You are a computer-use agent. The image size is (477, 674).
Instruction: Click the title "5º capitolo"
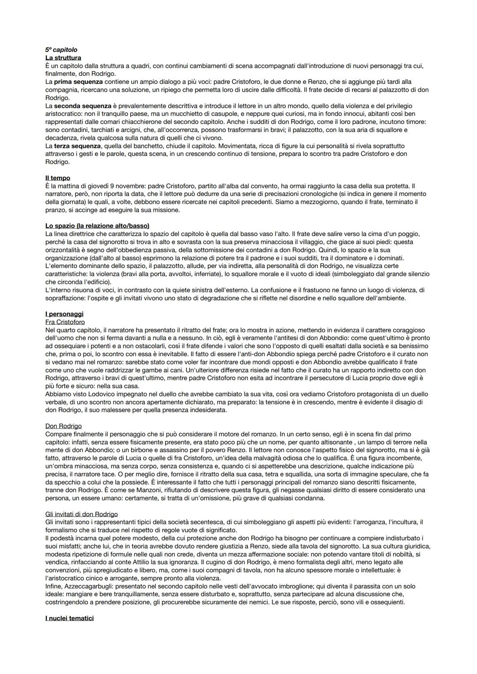point(61,50)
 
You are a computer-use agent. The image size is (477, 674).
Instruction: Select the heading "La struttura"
point(63,58)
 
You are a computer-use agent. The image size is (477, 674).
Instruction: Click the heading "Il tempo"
point(58,178)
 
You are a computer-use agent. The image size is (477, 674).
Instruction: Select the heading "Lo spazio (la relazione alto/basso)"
point(97,226)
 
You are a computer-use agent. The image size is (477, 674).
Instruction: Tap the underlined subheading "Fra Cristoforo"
point(65,322)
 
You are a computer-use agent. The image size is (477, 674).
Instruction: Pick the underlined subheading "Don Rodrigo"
point(64,426)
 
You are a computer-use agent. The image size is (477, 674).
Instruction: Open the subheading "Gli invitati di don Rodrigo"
point(82,514)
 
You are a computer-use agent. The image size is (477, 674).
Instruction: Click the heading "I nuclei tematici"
point(69,618)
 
